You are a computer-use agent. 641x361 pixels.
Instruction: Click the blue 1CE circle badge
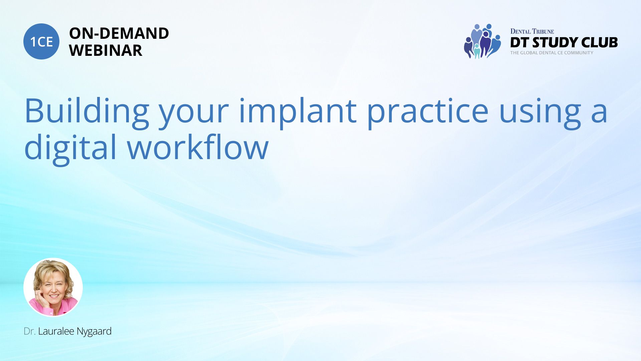click(x=41, y=41)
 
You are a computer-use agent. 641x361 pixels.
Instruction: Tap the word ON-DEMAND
click(x=119, y=33)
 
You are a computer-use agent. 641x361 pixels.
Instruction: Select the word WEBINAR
click(x=105, y=50)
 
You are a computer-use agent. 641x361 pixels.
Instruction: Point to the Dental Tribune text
click(x=532, y=31)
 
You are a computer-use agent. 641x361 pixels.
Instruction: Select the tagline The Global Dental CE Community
click(x=552, y=53)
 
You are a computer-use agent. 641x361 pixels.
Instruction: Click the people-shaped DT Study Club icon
click(x=482, y=41)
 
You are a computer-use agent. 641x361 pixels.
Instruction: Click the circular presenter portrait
click(x=53, y=287)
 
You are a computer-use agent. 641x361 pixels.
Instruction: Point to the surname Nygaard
click(x=94, y=332)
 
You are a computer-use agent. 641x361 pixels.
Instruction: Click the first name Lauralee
click(x=56, y=331)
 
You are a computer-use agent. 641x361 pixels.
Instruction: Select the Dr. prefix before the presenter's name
click(x=29, y=332)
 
